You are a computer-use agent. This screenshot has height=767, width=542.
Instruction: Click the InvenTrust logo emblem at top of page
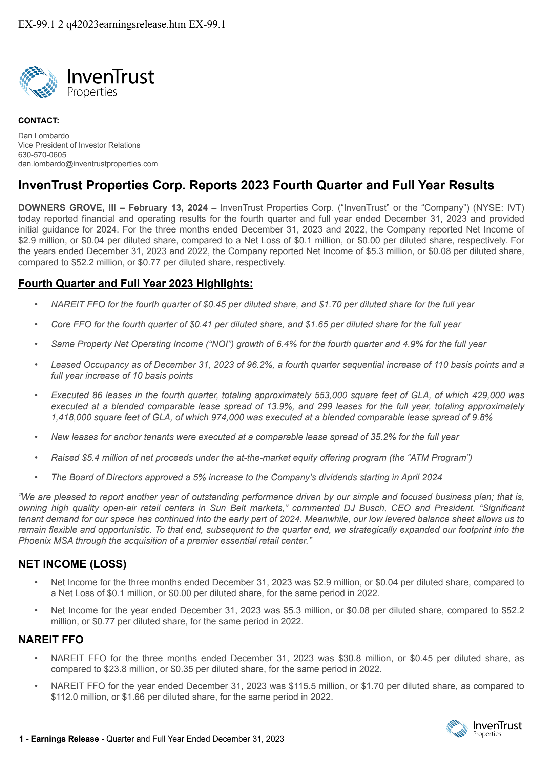pyautogui.click(x=38, y=82)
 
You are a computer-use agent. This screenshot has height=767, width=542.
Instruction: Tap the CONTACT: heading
pyautogui.click(x=39, y=121)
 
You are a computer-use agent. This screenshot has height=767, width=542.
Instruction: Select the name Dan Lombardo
pyautogui.click(x=44, y=136)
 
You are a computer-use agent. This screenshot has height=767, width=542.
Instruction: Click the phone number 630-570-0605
pyautogui.click(x=42, y=155)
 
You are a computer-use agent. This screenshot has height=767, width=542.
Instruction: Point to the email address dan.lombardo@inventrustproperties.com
pyautogui.click(x=88, y=164)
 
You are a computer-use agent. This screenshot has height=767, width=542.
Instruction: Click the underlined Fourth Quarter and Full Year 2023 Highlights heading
pyautogui.click(x=135, y=283)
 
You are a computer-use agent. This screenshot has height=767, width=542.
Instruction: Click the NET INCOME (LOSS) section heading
pyautogui.click(x=72, y=564)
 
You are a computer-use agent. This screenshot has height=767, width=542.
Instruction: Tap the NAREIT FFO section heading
pyautogui.click(x=51, y=640)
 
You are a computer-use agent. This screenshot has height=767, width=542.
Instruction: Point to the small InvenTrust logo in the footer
pyautogui.click(x=484, y=728)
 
